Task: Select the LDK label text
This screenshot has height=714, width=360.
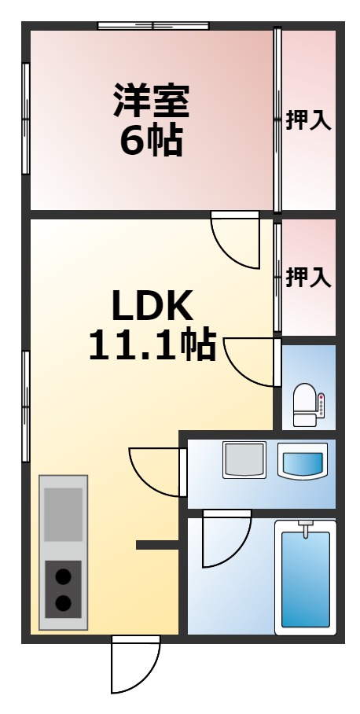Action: coord(151,307)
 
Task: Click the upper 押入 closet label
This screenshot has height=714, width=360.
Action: coord(308,120)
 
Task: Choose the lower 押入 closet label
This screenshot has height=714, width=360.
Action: coord(308,277)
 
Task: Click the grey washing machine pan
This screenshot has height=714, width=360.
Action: coord(244,460)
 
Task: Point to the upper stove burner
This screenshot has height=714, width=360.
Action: coord(63,577)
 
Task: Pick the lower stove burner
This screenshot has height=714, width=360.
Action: coord(63,604)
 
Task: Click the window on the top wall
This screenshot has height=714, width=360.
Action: coord(153,26)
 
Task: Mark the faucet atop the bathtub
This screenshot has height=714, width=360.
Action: coord(305,528)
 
